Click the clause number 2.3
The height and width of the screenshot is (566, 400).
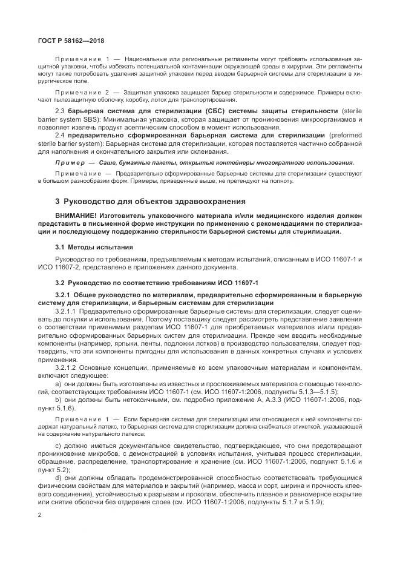59,111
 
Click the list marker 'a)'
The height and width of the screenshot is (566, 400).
58,384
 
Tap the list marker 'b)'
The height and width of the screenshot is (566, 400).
58,401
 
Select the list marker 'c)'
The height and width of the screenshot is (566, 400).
58,446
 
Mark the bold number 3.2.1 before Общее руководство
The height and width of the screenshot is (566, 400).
64,295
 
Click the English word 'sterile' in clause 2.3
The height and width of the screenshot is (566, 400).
352,111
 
